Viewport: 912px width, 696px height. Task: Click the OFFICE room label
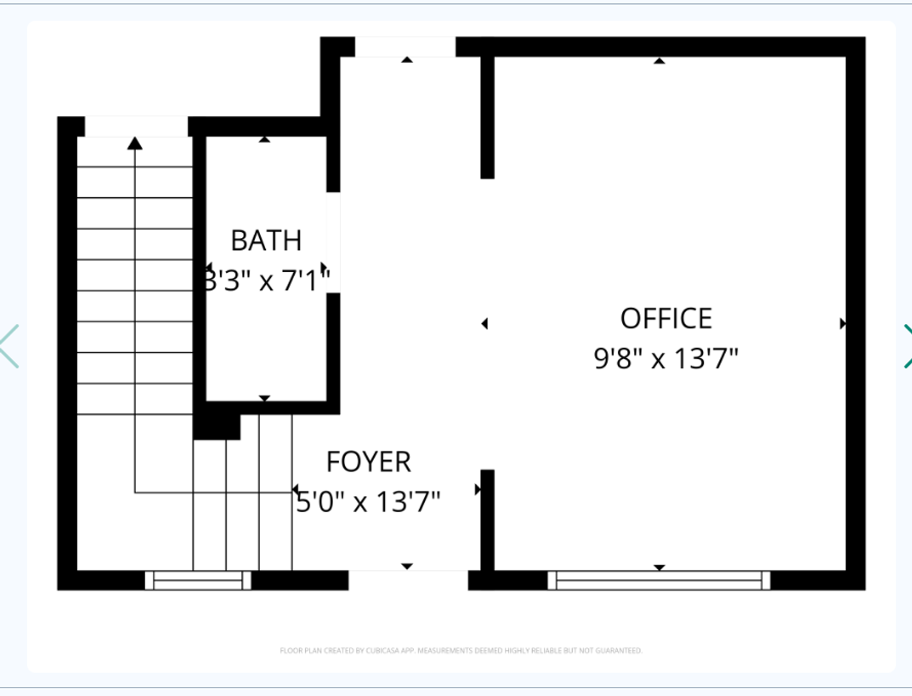tap(666, 318)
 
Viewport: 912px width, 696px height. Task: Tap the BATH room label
tap(266, 240)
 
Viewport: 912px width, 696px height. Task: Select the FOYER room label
tap(368, 461)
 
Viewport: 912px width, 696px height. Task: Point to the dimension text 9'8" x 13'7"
tap(666, 358)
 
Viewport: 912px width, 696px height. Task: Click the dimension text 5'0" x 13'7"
tap(368, 501)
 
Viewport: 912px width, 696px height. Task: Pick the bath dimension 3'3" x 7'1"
tap(266, 280)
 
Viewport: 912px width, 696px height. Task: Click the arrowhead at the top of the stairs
tap(135, 143)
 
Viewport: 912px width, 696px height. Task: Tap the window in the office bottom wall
tap(659, 580)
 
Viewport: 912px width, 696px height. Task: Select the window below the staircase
tap(198, 580)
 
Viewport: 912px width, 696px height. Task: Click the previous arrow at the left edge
tap(10, 346)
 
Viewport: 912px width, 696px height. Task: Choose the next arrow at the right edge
tap(906, 346)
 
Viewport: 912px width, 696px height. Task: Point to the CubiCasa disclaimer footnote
tap(461, 650)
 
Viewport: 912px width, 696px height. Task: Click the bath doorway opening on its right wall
tap(333, 242)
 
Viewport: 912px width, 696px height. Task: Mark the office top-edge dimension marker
tap(659, 61)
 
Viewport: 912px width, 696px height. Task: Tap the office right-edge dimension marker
tap(842, 324)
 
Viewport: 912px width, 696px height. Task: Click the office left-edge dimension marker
tap(485, 324)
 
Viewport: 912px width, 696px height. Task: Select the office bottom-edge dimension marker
tap(659, 567)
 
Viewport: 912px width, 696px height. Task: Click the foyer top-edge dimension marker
tap(407, 59)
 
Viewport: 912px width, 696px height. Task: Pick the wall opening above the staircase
tap(136, 126)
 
